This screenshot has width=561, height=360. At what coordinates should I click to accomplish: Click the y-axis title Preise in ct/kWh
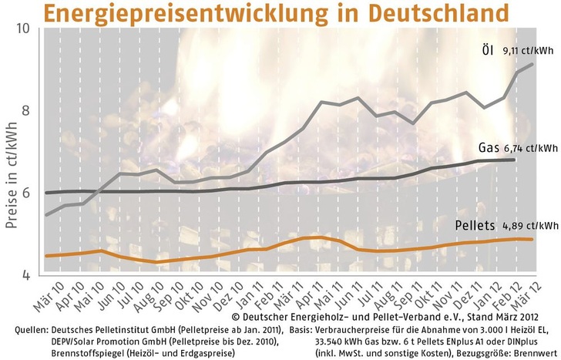pos(11,151)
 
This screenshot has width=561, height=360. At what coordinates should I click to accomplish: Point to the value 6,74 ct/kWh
pos(531,148)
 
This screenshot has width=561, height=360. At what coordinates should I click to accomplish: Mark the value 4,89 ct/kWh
pos(532,227)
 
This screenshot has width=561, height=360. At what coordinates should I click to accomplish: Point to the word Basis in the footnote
pos(299,330)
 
